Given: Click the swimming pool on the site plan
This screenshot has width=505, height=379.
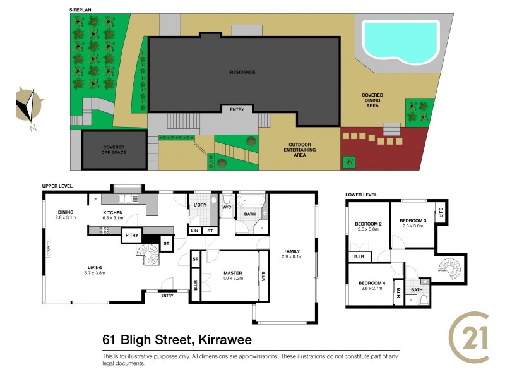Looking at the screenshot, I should [400, 39].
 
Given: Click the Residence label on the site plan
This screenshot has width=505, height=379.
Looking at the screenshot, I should [242, 72].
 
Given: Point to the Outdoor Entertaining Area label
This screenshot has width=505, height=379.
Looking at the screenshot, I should [295, 150].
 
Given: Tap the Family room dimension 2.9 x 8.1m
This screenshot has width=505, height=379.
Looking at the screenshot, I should [292, 256].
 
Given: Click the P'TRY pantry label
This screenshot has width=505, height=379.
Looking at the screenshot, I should [131, 235].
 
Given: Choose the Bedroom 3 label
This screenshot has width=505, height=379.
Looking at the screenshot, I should [413, 220].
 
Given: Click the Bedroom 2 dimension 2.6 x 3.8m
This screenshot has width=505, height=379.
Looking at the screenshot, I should [368, 229].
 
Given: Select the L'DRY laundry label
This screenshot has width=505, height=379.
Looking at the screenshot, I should [201, 205].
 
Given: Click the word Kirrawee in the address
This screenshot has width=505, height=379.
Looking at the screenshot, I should [223, 340].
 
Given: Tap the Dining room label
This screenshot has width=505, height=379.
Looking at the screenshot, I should [66, 212].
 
